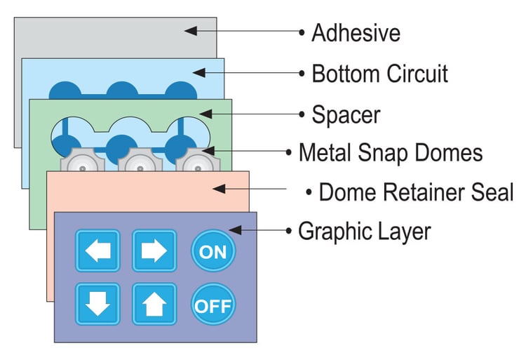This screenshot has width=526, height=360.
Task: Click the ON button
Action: tap(213, 251)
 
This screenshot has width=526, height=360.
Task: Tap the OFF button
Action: tap(213, 305)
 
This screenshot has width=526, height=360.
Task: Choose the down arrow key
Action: tap(97, 305)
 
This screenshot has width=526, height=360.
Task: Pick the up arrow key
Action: tap(154, 305)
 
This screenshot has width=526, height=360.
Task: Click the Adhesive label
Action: tap(356, 32)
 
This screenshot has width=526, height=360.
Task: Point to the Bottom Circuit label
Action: tap(379, 73)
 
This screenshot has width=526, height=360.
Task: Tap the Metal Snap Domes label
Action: tap(391, 152)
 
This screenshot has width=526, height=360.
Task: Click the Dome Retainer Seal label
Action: tap(416, 192)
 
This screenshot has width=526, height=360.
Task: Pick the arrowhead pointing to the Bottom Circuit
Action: tap(198, 72)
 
